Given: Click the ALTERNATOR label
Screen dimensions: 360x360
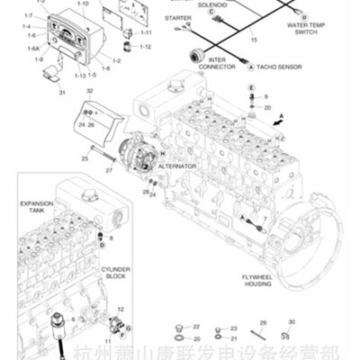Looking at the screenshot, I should pos(177,166).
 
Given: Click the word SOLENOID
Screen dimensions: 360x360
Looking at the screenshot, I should pos(213,4).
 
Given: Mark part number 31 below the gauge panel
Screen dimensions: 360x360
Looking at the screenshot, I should pos(62,92).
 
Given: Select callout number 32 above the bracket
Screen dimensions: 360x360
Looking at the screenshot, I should pos(89,92).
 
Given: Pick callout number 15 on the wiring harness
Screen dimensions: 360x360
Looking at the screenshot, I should pos(254,40).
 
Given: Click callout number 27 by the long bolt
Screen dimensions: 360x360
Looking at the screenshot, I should pos(107,168).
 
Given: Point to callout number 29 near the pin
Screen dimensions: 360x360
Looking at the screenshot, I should pos(262,323).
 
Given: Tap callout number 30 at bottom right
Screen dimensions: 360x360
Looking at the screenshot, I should pos(291,322).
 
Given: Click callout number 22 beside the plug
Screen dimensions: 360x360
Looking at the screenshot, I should pos(196,326).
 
